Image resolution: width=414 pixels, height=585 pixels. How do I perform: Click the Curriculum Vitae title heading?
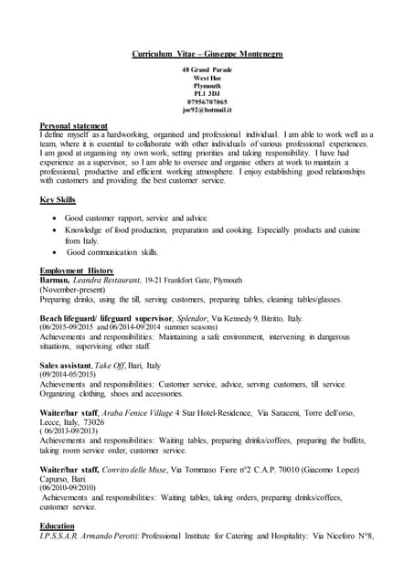pos(207,55)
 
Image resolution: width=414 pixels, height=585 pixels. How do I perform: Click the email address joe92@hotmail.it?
pos(207,109)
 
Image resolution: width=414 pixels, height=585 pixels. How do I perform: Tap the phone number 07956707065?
pos(207,101)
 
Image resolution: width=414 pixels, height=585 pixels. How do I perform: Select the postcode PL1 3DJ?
pos(207,92)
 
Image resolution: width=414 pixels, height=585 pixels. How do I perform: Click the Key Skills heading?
pos(58,199)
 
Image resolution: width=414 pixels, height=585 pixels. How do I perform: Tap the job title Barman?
pos(57,280)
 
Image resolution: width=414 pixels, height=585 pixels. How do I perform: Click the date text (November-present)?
pos(81,289)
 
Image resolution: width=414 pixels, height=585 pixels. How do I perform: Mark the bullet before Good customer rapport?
pos(58,219)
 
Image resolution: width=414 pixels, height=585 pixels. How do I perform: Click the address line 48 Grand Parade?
pos(207,70)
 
